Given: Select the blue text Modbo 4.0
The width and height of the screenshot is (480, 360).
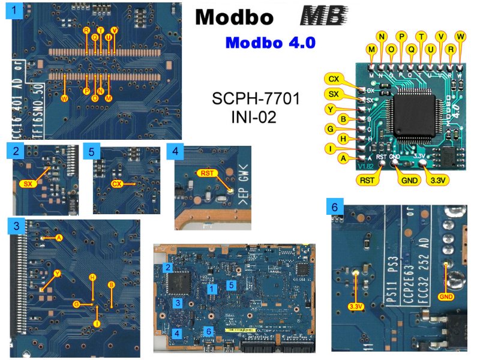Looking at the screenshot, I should pyautogui.click(x=271, y=43).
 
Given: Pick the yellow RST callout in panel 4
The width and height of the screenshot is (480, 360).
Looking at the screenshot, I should pyautogui.click(x=208, y=174).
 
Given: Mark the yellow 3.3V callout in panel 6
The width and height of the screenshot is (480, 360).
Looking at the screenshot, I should pyautogui.click(x=355, y=308).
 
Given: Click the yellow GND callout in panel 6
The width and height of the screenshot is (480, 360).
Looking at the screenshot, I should pyautogui.click(x=445, y=295).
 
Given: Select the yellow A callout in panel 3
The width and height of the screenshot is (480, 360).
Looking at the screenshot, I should pyautogui.click(x=59, y=238).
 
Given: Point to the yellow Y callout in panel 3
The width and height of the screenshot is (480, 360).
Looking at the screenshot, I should pyautogui.click(x=58, y=273).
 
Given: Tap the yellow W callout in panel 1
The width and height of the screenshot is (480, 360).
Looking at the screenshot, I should pyautogui.click(x=65, y=97).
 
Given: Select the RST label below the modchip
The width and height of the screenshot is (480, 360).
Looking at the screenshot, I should pyautogui.click(x=367, y=178).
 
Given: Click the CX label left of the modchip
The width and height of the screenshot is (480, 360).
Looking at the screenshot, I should pyautogui.click(x=334, y=79).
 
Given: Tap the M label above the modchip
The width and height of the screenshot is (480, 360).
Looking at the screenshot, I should pyautogui.click(x=373, y=49).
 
